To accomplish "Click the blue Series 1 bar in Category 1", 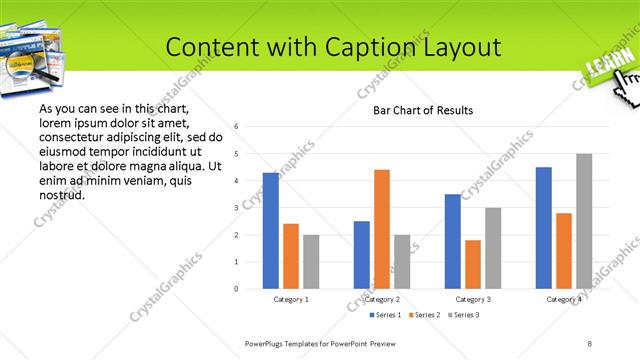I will pyautogui.click(x=270, y=231).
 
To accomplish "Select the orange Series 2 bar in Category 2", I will pyautogui.click(x=381, y=229).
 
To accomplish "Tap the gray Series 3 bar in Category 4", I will pyautogui.click(x=583, y=221).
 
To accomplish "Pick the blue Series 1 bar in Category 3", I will pyautogui.click(x=452, y=241).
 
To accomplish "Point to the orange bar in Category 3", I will pyautogui.click(x=472, y=264).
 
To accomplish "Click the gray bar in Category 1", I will pyautogui.click(x=311, y=262).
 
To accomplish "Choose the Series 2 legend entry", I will pyautogui.click(x=427, y=316).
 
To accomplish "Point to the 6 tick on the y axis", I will pyautogui.click(x=237, y=127).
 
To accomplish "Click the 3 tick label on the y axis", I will pyautogui.click(x=237, y=208).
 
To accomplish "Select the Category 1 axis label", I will pyautogui.click(x=291, y=299).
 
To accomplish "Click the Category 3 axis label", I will pyautogui.click(x=472, y=299).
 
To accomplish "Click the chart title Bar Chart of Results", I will pyautogui.click(x=423, y=110).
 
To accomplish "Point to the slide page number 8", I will pyautogui.click(x=590, y=343).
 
